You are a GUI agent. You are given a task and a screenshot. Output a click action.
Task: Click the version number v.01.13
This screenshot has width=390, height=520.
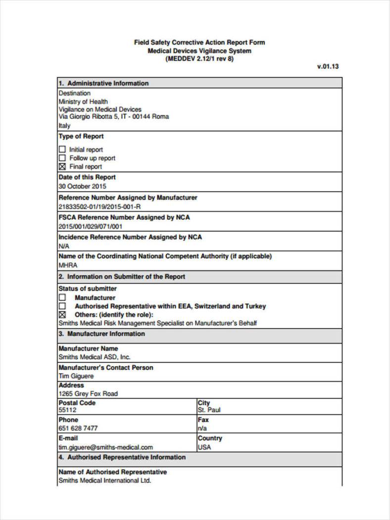click(x=328, y=67)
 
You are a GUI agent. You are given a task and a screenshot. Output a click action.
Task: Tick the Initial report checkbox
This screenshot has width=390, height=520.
click(x=62, y=149)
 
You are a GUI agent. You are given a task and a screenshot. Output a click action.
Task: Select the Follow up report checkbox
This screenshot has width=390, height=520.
click(x=62, y=158)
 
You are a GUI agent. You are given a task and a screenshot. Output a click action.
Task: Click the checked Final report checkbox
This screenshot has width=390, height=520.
click(x=62, y=167)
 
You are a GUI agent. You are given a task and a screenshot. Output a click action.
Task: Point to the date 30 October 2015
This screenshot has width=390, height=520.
click(x=82, y=187)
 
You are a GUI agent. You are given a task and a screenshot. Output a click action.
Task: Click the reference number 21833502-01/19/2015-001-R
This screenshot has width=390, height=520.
click(x=99, y=206)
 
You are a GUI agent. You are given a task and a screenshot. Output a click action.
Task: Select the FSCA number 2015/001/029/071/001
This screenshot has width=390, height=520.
click(x=90, y=226)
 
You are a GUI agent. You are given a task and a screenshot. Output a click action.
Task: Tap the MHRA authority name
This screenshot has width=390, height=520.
click(x=68, y=265)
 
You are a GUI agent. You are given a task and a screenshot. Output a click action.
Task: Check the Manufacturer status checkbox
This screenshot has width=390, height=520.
click(x=62, y=298)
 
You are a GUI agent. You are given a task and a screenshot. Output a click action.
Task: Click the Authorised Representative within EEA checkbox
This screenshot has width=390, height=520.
click(x=62, y=306)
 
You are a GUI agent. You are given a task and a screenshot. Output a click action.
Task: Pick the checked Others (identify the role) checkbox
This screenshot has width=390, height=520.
click(x=62, y=315)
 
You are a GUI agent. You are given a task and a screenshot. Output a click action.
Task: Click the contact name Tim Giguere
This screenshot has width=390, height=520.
click(x=76, y=376)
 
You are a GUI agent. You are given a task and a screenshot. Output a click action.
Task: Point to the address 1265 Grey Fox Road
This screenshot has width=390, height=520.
click(x=88, y=394)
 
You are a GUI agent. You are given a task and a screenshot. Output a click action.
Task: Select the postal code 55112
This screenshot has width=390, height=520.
click(x=67, y=410)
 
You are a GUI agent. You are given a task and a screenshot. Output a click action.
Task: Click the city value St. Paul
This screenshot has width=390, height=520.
click(x=209, y=410)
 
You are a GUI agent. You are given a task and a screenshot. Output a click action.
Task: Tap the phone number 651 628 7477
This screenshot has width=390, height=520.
click(x=78, y=428)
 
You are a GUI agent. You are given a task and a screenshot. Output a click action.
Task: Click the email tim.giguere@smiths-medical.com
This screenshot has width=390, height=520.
click(x=105, y=447)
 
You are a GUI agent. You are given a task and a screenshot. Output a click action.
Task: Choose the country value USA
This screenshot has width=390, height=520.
click(x=204, y=447)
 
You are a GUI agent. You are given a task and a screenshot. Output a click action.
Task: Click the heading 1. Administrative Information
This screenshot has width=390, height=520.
click(x=103, y=83)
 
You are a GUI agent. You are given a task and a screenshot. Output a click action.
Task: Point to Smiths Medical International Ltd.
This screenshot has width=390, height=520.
click(x=104, y=480)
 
